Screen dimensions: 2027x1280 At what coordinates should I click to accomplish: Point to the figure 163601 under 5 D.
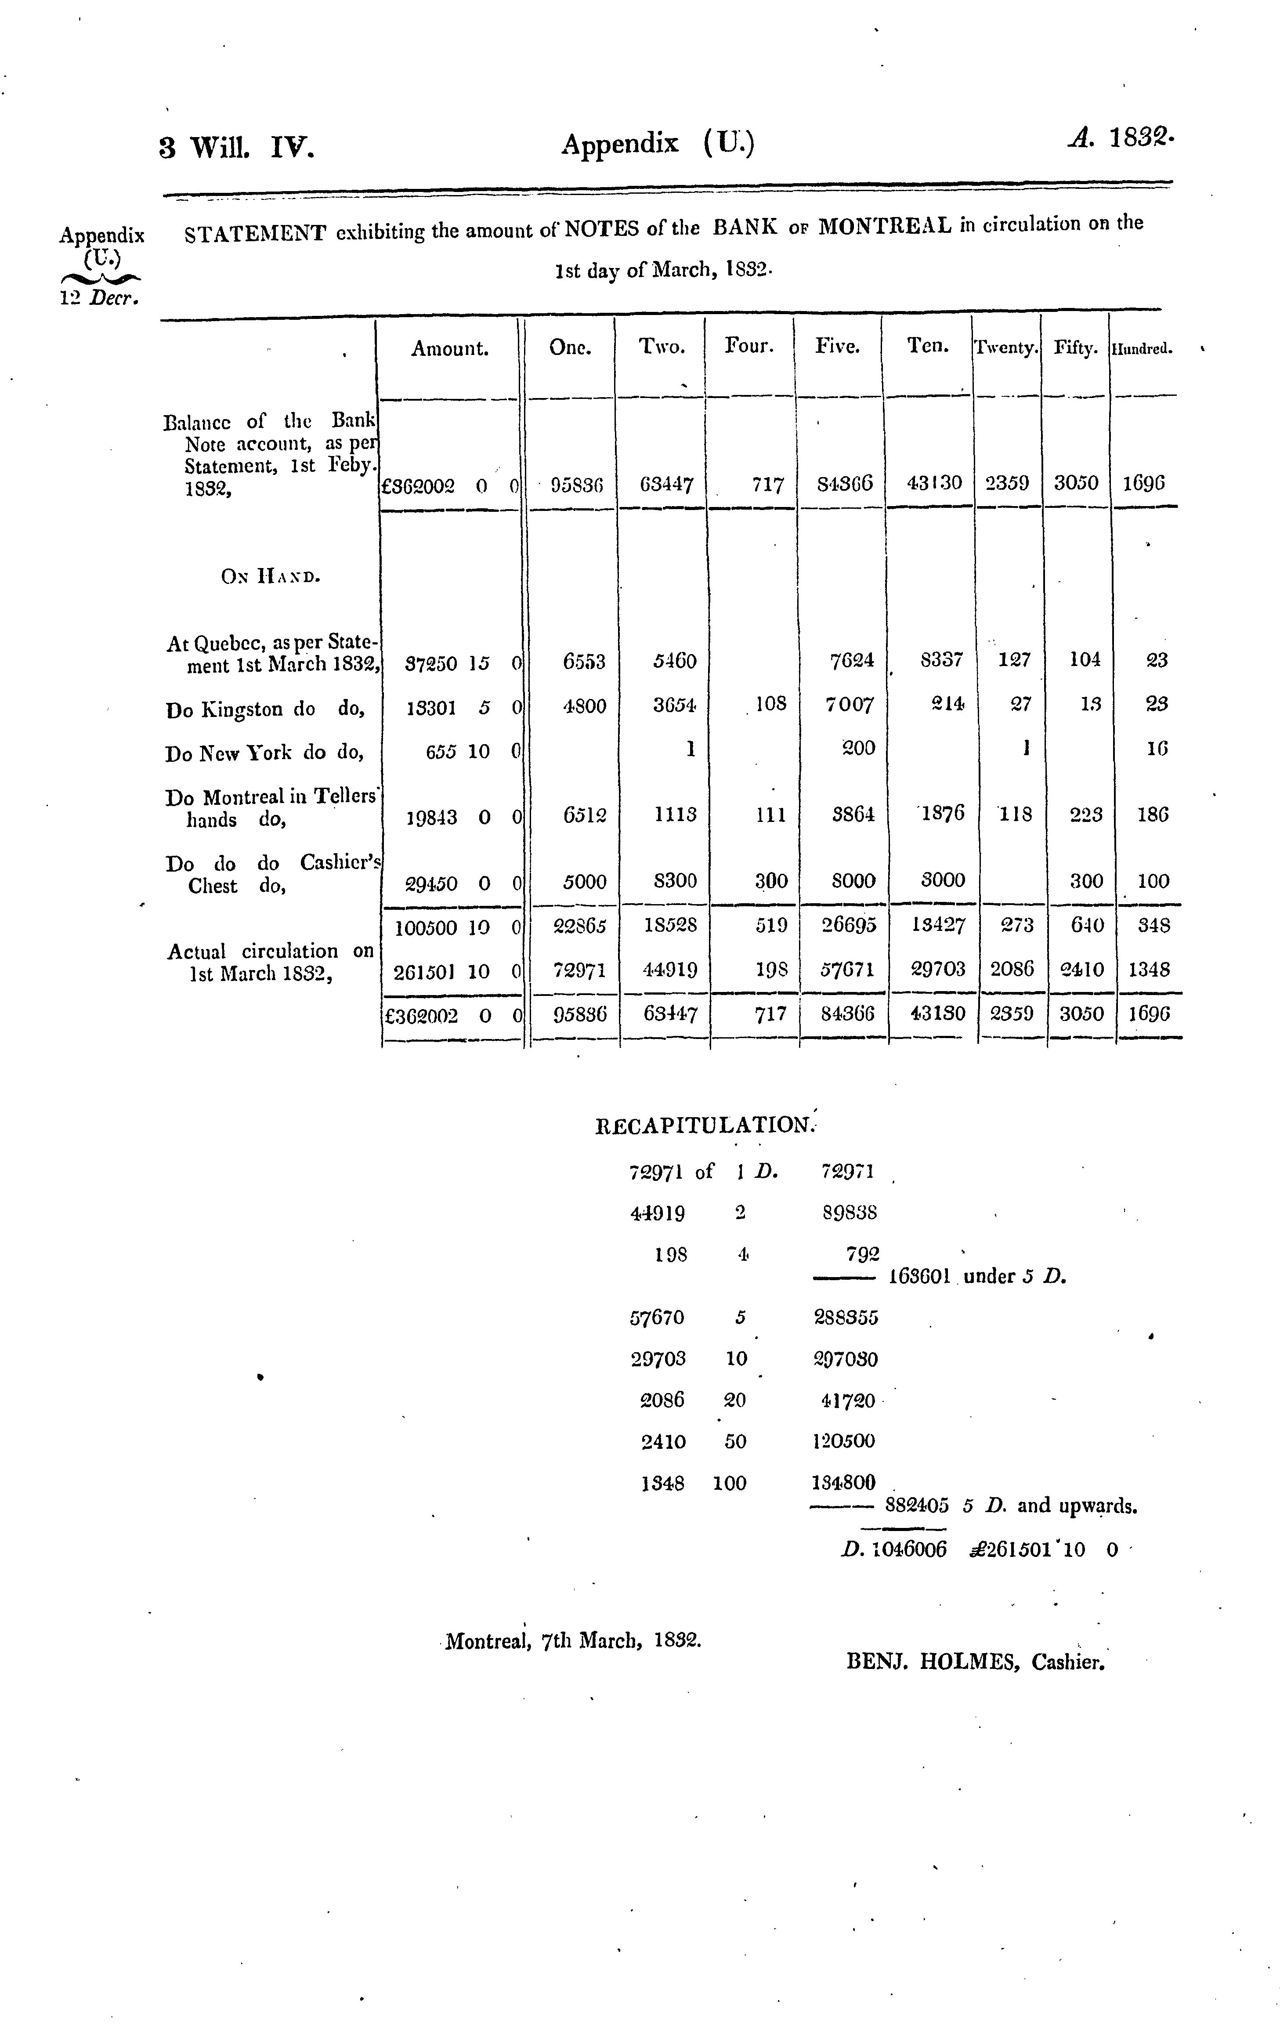pyautogui.click(x=919, y=1276)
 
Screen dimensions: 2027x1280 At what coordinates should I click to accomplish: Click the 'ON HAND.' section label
pyautogui.click(x=269, y=577)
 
